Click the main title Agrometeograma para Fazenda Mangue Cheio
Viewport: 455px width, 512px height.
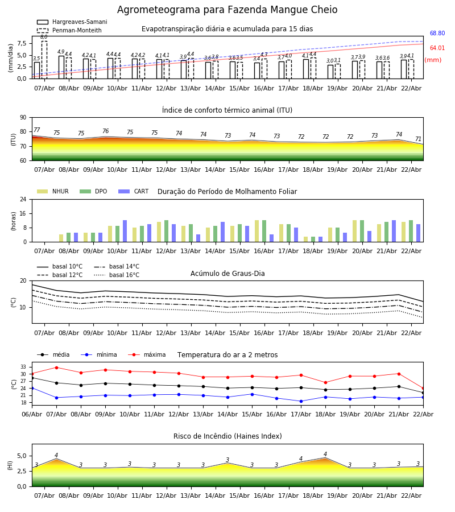227,10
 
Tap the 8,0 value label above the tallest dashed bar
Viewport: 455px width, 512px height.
44,37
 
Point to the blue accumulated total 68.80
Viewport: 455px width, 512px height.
437,34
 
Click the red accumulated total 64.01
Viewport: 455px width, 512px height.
437,48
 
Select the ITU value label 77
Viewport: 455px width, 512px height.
37,130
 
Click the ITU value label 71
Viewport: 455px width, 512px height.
418,139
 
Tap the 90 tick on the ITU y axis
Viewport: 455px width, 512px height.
23,118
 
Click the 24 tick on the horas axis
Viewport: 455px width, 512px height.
23,200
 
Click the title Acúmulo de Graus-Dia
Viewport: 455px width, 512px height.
227,274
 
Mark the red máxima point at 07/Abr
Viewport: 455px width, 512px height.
56,368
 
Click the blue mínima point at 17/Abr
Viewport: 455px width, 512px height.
301,401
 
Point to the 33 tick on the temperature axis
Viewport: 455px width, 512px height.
23,367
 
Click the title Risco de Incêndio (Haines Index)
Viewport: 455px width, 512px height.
227,436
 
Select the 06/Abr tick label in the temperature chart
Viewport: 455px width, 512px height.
32,414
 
